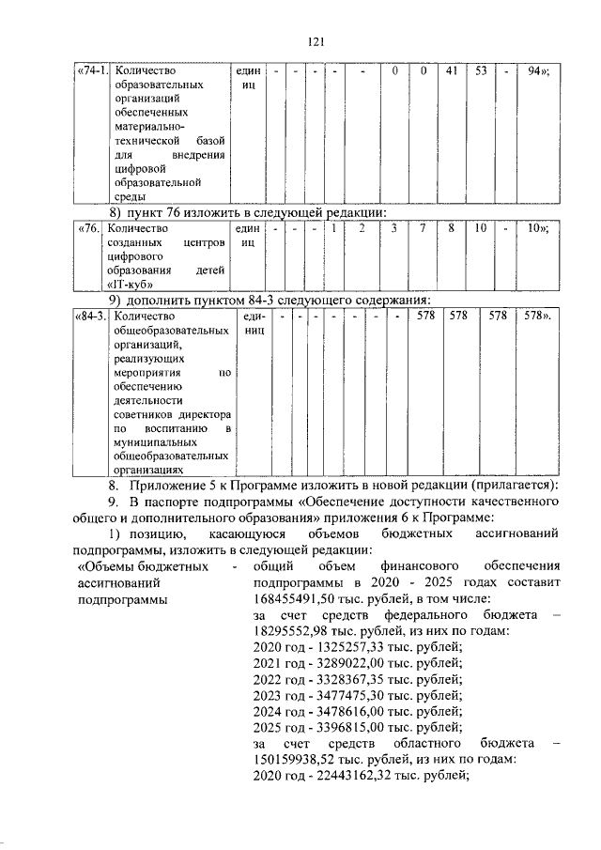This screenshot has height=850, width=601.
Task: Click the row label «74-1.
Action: click(x=92, y=70)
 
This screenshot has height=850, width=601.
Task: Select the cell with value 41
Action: click(x=451, y=70)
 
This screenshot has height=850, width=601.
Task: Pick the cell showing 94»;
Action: click(x=538, y=70)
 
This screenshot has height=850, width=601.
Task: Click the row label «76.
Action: click(x=88, y=227)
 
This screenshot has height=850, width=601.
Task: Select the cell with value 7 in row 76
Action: click(x=424, y=227)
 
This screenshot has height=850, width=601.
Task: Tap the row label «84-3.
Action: click(x=90, y=317)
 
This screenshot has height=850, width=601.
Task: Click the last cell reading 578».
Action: click(x=537, y=317)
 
